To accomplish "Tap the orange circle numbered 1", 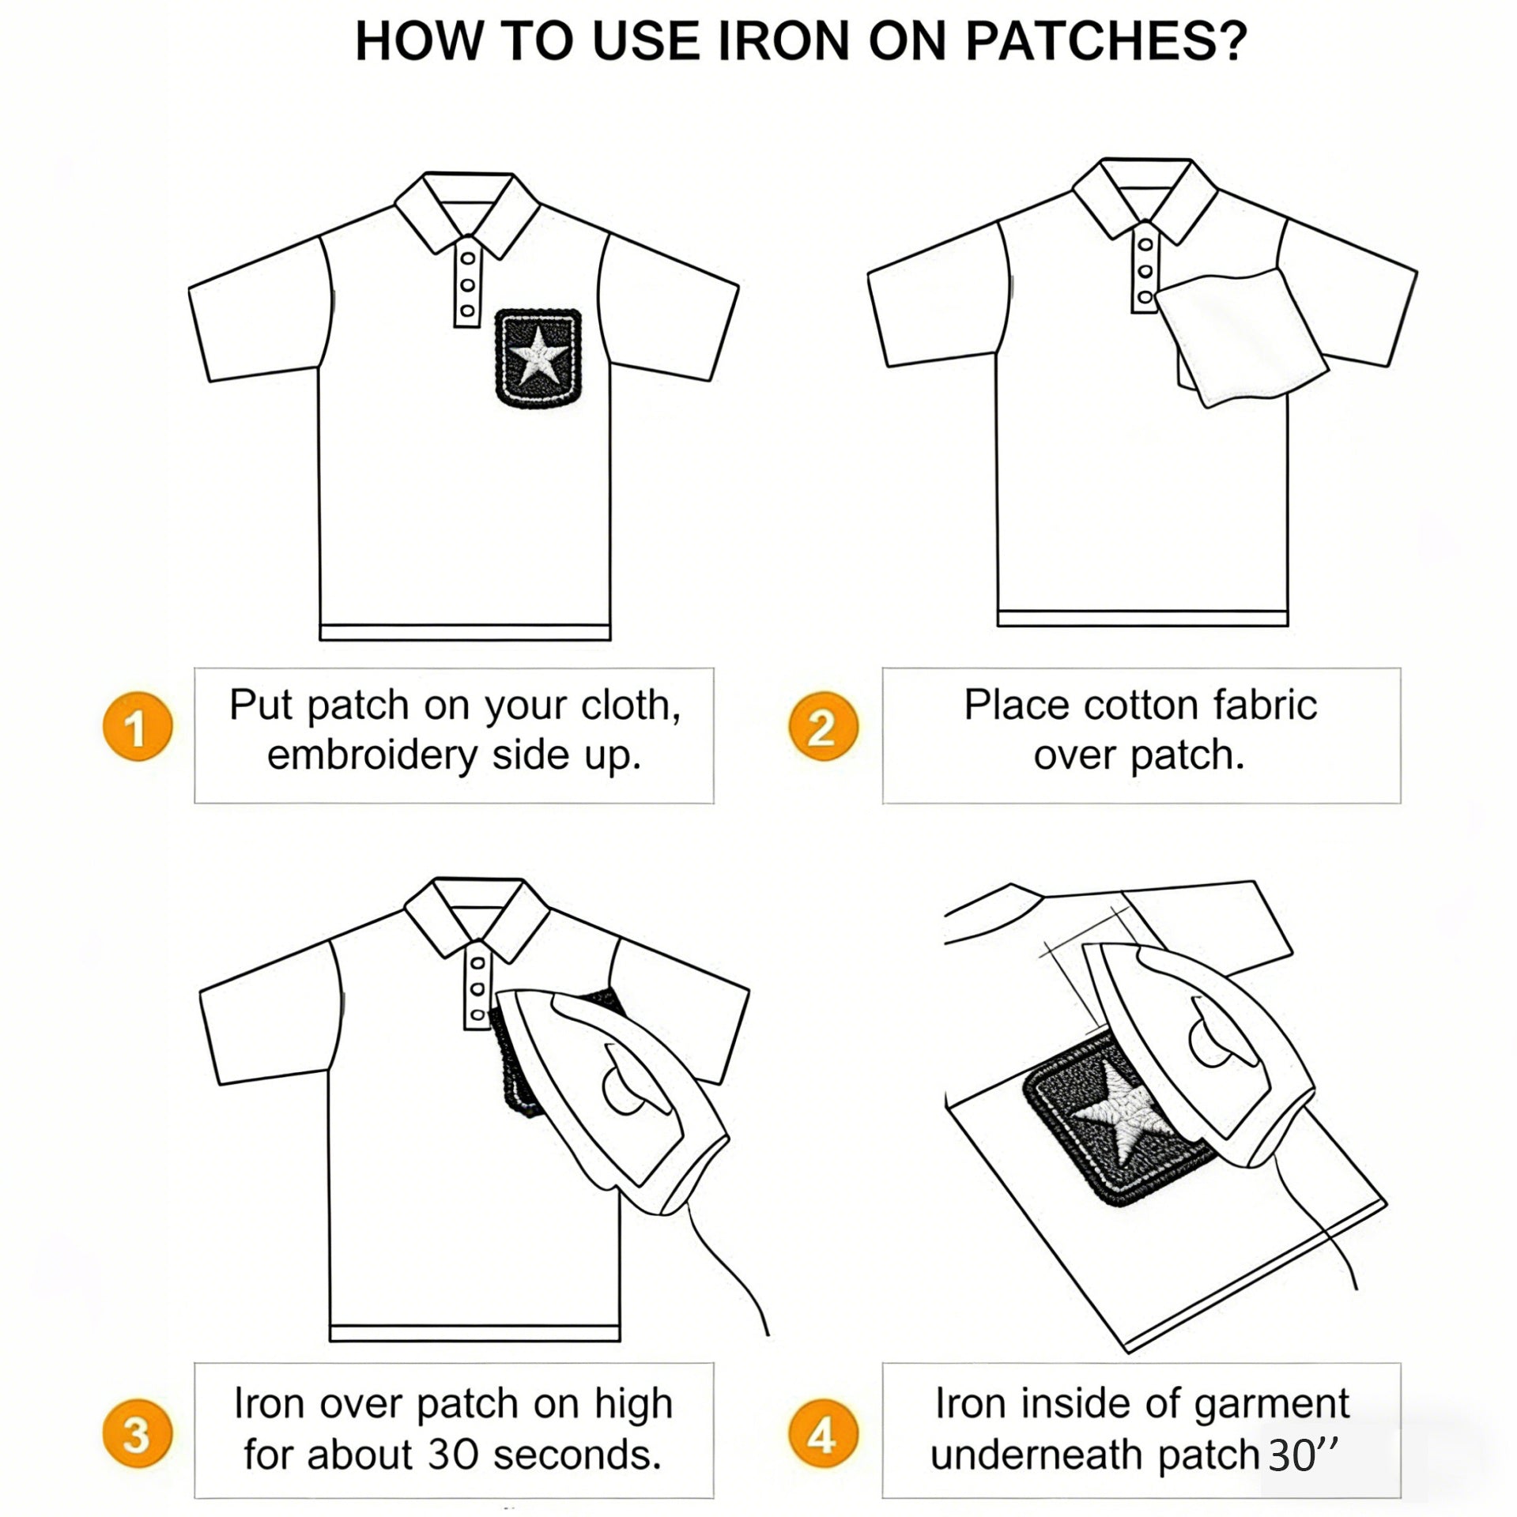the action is point(138,727).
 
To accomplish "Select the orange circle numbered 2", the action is point(822,727).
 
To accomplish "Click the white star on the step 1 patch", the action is point(538,356).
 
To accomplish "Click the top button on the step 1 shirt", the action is point(468,258).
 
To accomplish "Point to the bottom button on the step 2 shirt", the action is point(1145,298).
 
